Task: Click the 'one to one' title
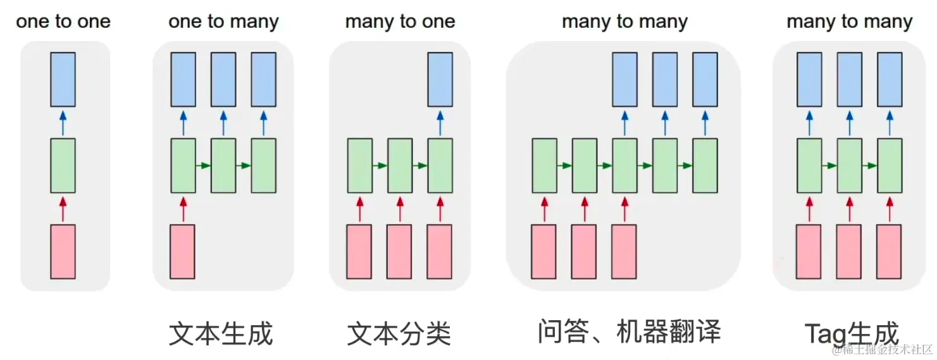(x=63, y=22)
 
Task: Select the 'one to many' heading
(x=223, y=22)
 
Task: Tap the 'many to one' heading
(x=400, y=22)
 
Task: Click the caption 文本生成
(x=221, y=333)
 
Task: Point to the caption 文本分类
(x=399, y=333)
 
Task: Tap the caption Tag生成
(x=852, y=333)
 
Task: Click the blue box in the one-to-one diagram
(x=63, y=79)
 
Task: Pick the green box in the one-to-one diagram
(x=63, y=165)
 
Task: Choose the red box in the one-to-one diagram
(x=63, y=251)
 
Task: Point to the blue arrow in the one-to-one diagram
(x=63, y=122)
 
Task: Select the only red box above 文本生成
(x=183, y=251)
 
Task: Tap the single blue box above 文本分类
(x=440, y=79)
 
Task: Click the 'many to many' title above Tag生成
(x=849, y=22)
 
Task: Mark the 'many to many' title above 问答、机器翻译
(x=624, y=22)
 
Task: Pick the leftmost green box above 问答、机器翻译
(x=544, y=165)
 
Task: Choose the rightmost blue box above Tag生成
(x=890, y=79)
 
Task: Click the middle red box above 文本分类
(x=399, y=251)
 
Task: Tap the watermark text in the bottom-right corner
(x=883, y=349)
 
